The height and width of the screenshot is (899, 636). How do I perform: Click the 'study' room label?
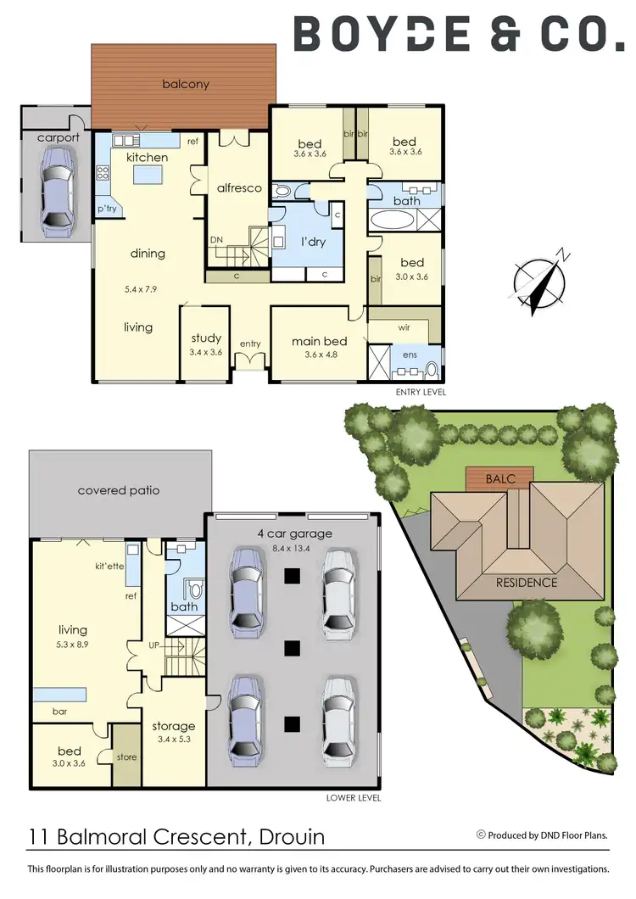tap(206, 338)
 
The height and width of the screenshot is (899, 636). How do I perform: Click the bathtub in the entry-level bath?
tap(393, 221)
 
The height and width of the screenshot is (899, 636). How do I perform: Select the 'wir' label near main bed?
tap(404, 326)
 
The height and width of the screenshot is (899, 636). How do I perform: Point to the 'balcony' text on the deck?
tap(185, 84)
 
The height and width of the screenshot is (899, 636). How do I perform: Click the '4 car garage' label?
tap(294, 533)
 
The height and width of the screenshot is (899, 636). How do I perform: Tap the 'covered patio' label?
tap(118, 490)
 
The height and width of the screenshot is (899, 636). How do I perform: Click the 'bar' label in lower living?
tap(60, 710)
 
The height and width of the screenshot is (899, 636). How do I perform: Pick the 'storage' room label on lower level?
tap(173, 726)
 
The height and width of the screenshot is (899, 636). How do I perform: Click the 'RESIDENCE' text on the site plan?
tap(526, 583)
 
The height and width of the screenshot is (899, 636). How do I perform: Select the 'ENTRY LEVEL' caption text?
tap(421, 393)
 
